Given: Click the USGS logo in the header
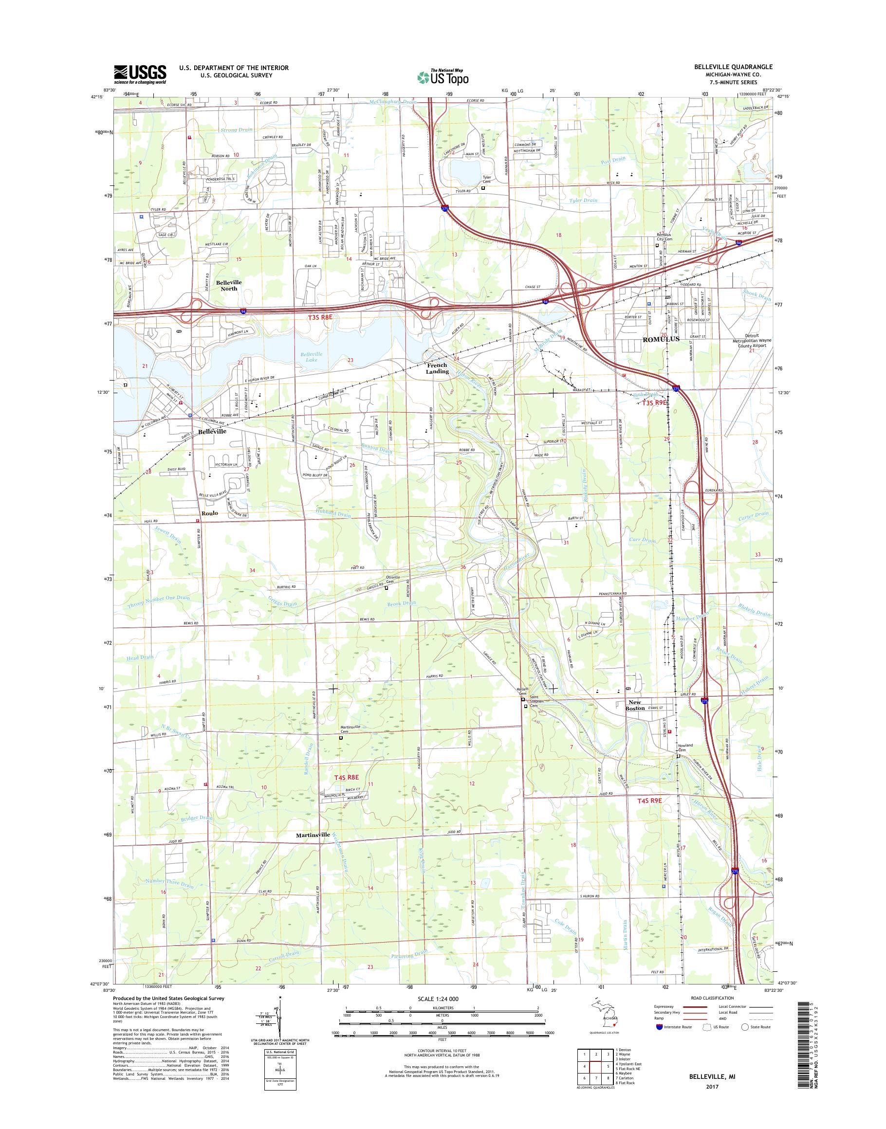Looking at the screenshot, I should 140,74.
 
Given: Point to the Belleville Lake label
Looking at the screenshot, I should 311,357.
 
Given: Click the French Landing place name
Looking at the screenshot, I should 436,368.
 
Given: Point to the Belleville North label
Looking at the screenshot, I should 229,285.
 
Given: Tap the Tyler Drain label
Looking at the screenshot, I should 584,200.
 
